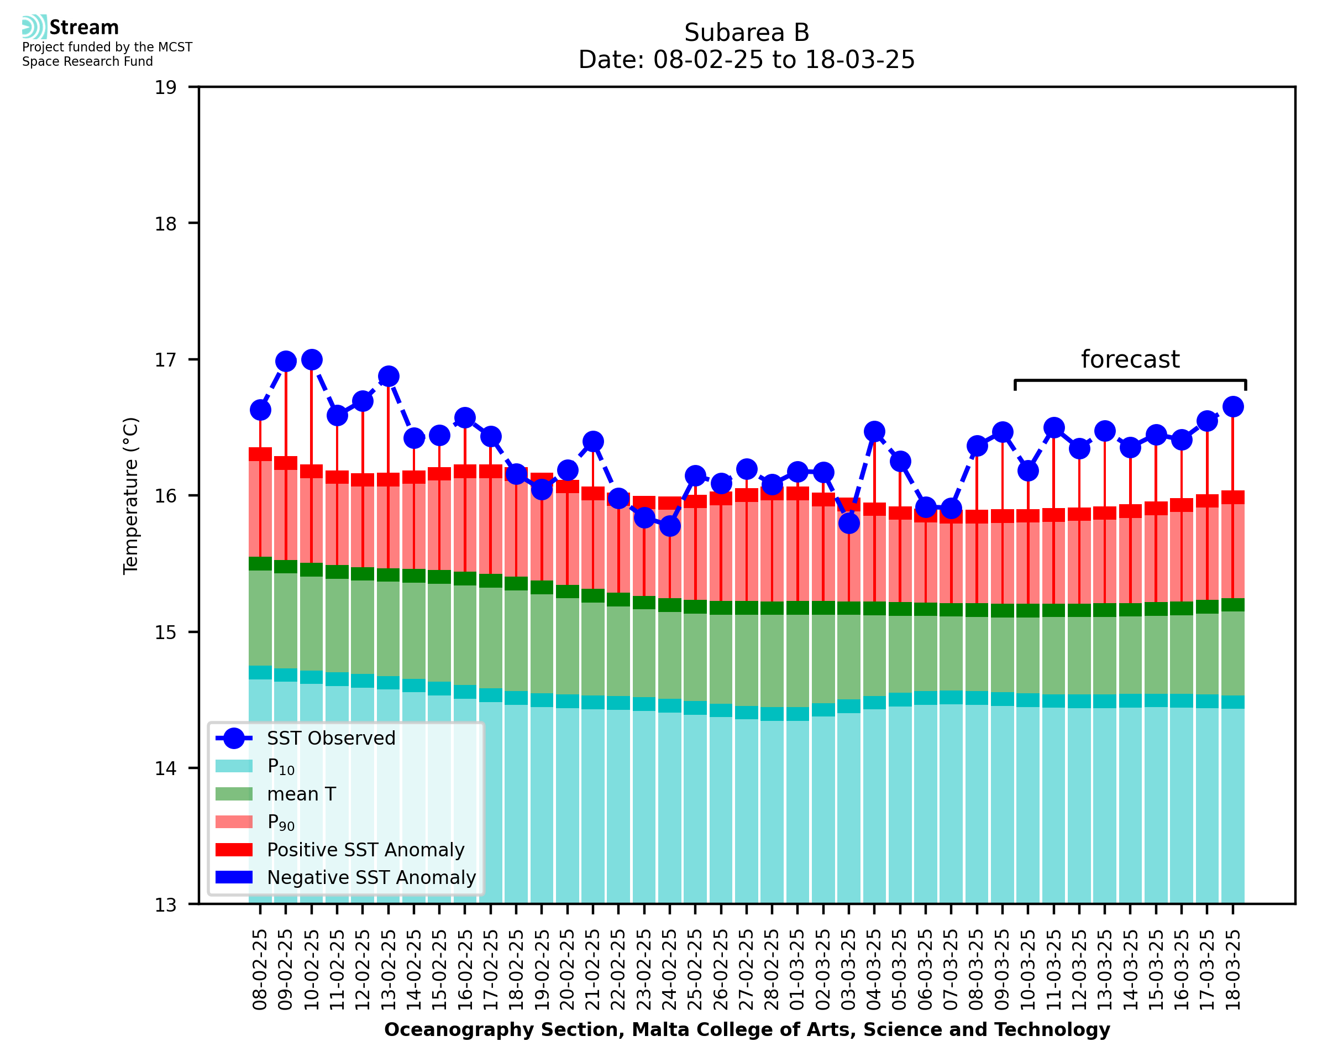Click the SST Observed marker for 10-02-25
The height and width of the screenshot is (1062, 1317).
(312, 360)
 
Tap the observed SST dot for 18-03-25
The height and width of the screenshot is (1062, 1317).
(1232, 406)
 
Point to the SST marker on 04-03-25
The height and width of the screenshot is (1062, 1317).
(874, 431)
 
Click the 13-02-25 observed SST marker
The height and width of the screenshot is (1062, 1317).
(389, 376)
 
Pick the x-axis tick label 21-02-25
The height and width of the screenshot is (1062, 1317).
(593, 970)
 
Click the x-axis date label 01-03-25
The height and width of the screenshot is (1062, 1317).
(797, 970)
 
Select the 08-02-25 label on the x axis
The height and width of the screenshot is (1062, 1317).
(260, 970)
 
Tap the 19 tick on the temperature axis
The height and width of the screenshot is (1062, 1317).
(165, 87)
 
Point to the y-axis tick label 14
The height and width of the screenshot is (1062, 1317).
(165, 768)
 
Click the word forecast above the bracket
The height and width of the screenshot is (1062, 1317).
(1130, 359)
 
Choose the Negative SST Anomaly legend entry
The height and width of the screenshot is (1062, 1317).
(371, 877)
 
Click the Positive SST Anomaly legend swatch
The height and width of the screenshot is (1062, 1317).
(234, 850)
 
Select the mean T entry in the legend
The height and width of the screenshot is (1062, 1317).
(301, 794)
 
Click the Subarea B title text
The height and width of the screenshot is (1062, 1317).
(747, 33)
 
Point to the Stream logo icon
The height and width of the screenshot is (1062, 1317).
(34, 27)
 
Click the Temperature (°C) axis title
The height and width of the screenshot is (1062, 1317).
(131, 495)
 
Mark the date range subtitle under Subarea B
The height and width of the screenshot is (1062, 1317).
(747, 60)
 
